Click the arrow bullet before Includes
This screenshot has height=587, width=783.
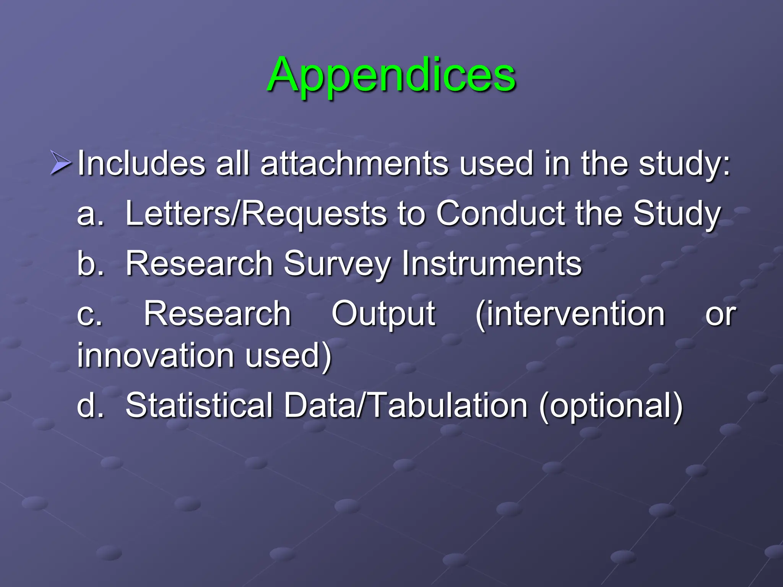[60, 163]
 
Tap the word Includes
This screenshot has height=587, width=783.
[141, 163]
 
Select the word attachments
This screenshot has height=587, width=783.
[354, 163]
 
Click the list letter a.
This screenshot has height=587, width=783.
[90, 214]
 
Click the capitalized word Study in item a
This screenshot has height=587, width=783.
[677, 214]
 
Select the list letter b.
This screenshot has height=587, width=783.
[90, 263]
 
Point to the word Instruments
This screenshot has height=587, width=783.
[492, 263]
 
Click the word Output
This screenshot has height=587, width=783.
[383, 314]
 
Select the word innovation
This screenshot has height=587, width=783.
[156, 355]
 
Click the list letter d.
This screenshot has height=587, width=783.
[90, 405]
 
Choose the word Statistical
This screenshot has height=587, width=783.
[199, 405]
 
